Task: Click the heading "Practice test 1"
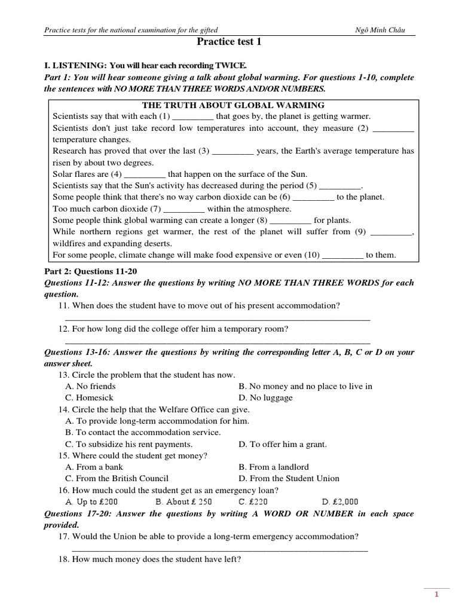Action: point(229,42)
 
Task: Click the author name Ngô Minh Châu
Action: point(384,30)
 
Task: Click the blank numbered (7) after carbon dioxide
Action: point(184,209)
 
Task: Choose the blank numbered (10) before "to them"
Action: point(342,255)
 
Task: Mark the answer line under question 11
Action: point(217,319)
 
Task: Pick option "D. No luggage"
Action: point(265,398)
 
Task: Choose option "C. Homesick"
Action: point(89,398)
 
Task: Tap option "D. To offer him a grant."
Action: point(283,445)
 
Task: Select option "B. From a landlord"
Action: point(273,467)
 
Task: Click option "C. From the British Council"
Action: point(117,479)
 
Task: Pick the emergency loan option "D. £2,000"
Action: point(340,501)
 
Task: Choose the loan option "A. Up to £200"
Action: point(91,501)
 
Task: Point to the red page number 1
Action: point(437,595)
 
